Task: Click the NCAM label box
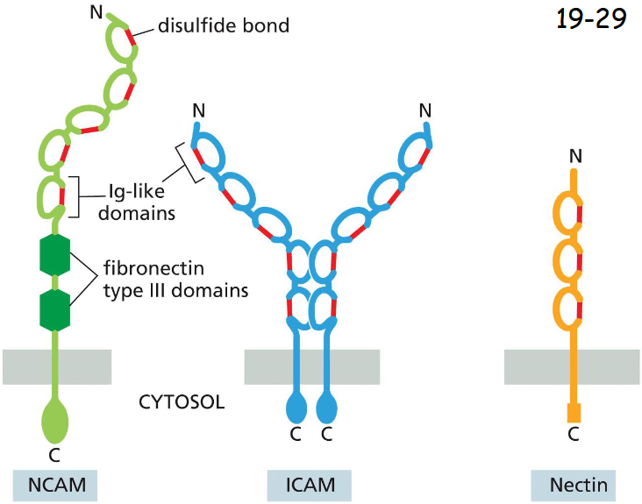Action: coord(55,485)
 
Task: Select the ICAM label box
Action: coord(310,485)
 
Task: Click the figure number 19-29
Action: coord(591,19)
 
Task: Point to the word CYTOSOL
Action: coord(182,402)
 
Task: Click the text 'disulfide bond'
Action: coord(224,25)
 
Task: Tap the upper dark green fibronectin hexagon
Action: coord(55,254)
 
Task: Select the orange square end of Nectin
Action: coord(574,411)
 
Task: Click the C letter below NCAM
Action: coord(55,454)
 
